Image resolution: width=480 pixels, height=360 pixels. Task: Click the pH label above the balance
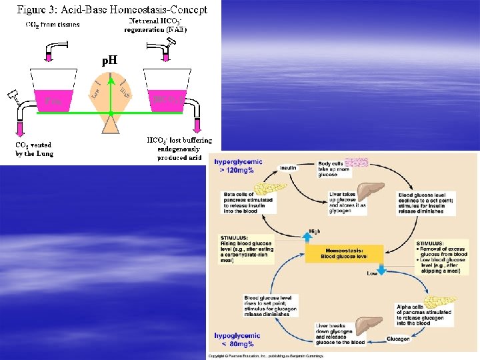point(109,61)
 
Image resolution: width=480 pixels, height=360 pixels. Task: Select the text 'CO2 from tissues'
point(53,25)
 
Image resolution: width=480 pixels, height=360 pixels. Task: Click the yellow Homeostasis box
point(344,253)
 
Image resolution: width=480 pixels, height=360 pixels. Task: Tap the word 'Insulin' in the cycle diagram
point(289,168)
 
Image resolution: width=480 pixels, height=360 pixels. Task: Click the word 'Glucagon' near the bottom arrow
point(398,339)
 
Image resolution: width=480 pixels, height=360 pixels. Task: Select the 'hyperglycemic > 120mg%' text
point(238,166)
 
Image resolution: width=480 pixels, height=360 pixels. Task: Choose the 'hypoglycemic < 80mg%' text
point(237,339)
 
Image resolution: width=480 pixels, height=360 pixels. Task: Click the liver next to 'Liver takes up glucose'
point(371,193)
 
